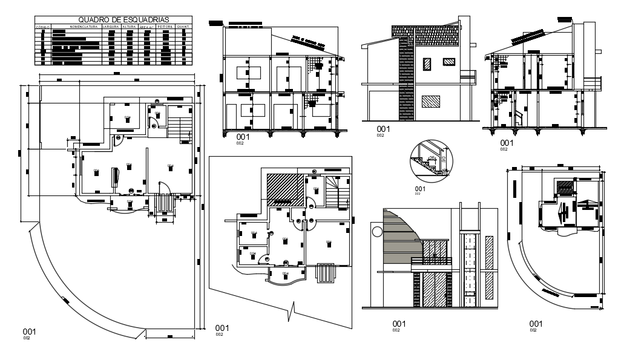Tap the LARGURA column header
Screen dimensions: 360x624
(111, 27)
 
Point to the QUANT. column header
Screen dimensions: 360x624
(184, 27)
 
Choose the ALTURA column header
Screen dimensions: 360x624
(129, 27)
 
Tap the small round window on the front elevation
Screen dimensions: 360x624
(377, 232)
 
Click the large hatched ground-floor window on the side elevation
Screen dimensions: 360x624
(430, 101)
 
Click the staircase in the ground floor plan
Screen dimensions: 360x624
(179, 126)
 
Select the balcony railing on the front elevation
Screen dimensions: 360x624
(432, 261)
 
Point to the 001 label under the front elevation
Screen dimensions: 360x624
(398, 323)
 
